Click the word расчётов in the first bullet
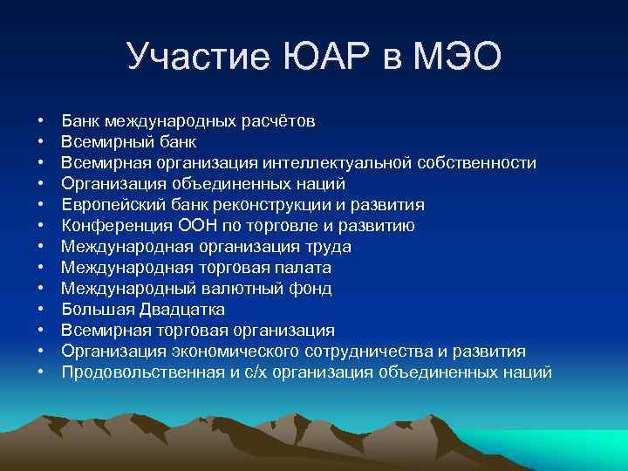pyautogui.click(x=279, y=120)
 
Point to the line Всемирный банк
pyautogui.click(x=129, y=141)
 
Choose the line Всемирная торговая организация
pyautogui.click(x=198, y=331)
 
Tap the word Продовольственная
pyautogui.click(x=132, y=372)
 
